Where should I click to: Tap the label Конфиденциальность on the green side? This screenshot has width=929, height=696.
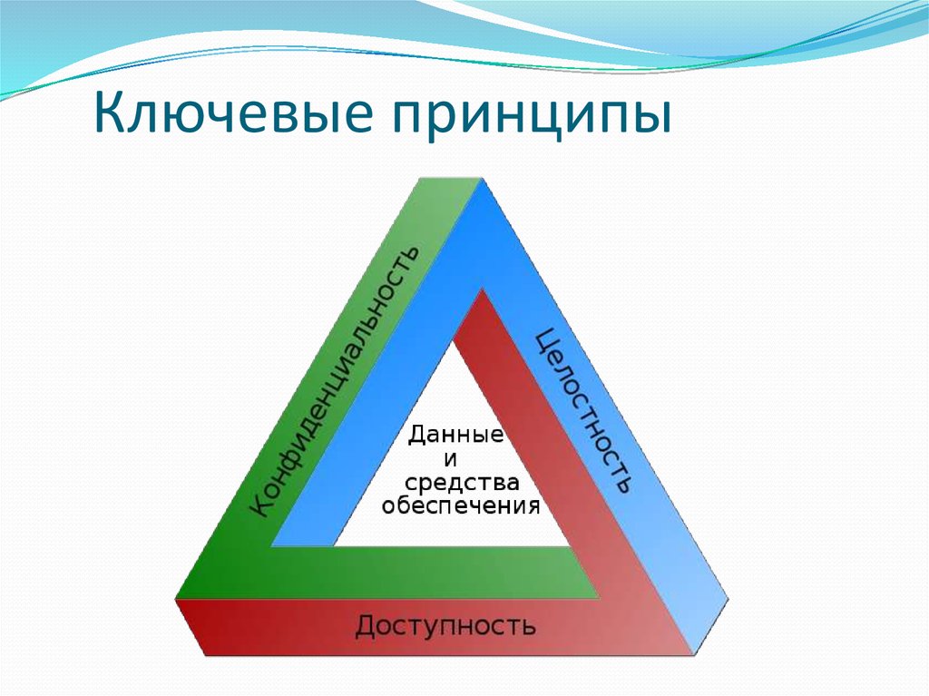click(x=335, y=382)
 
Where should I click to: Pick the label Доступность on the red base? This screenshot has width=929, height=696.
click(x=445, y=625)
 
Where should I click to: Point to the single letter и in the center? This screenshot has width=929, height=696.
click(x=447, y=458)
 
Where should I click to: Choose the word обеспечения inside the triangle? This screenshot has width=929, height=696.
click(x=461, y=505)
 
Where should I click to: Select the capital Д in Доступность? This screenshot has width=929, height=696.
click(x=367, y=626)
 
